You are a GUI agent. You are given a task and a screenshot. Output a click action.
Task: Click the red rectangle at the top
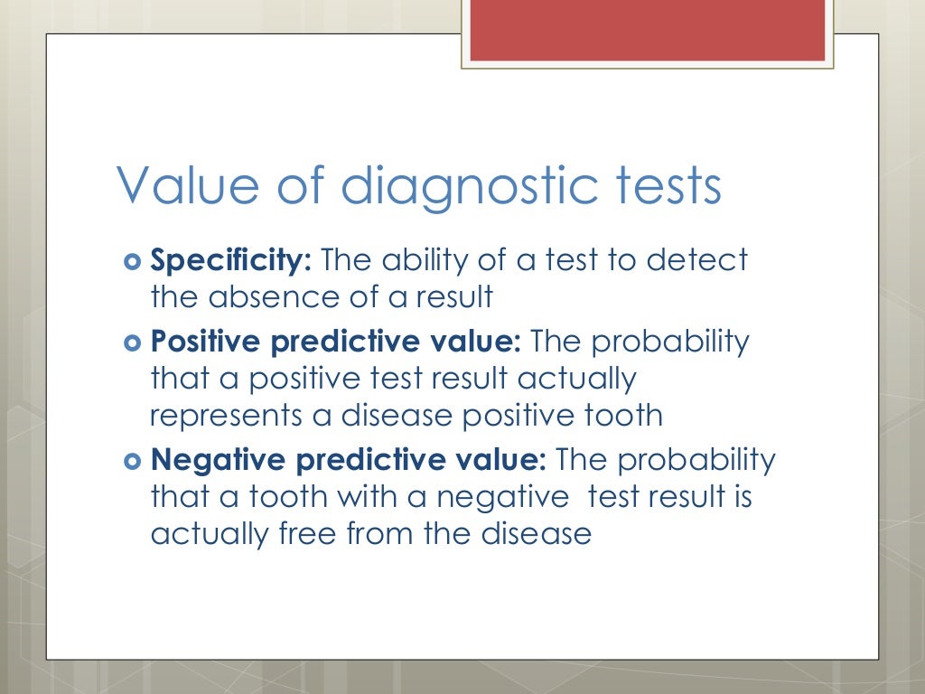click(648, 31)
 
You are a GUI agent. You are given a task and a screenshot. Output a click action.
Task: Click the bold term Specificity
click(231, 261)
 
